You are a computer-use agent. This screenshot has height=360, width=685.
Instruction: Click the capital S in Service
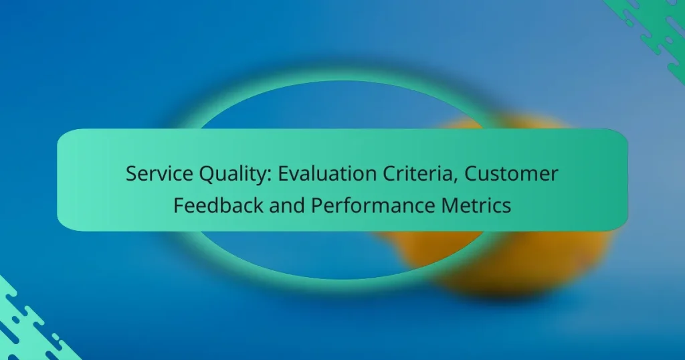click(x=131, y=175)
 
